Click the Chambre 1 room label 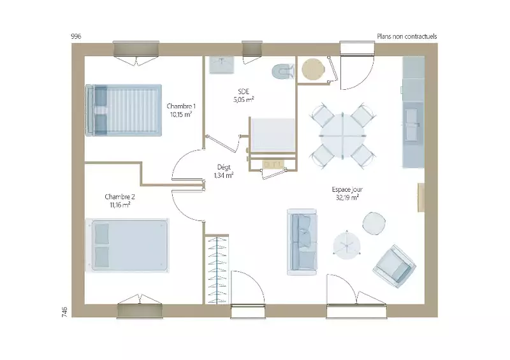[x=181, y=110]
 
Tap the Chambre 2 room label [x=120, y=201]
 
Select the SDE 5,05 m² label [x=244, y=96]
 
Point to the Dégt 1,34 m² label [x=224, y=171]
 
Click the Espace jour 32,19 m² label [x=347, y=193]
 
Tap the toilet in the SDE [x=282, y=71]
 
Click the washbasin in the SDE [x=222, y=65]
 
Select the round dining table [x=342, y=136]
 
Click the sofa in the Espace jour [x=302, y=242]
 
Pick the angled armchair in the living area [x=395, y=266]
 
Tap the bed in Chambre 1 [x=123, y=110]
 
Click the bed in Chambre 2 [x=127, y=245]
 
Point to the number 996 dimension [x=76, y=36]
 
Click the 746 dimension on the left [x=64, y=312]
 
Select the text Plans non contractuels [x=407, y=36]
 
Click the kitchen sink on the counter [x=411, y=124]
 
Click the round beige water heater [x=313, y=69]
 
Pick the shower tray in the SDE [x=273, y=135]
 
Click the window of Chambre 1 [x=136, y=49]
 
